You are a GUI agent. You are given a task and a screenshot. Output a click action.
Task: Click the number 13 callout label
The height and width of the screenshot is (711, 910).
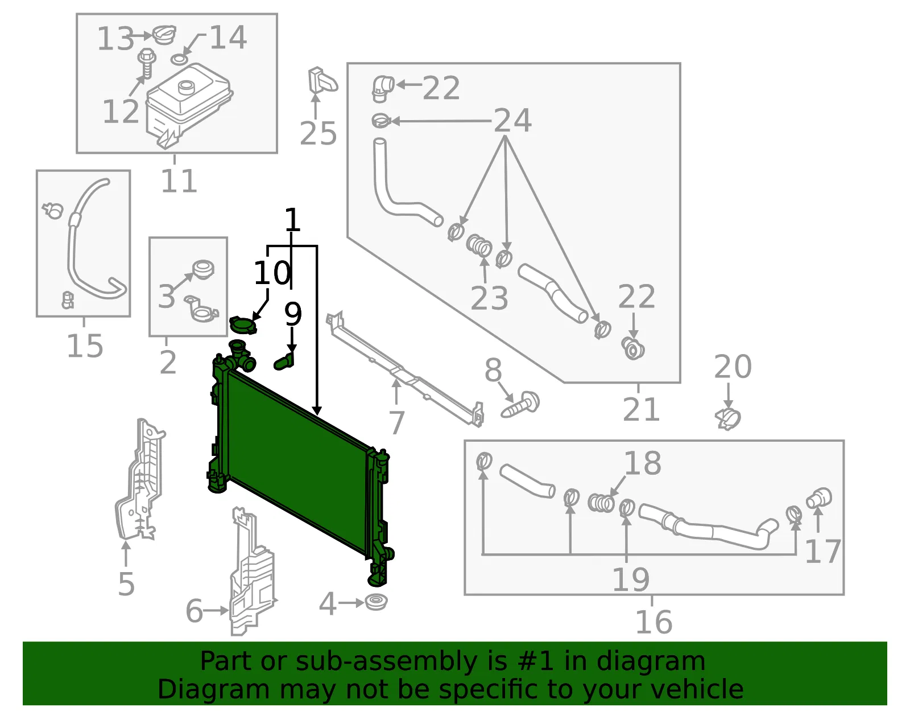pyautogui.click(x=115, y=39)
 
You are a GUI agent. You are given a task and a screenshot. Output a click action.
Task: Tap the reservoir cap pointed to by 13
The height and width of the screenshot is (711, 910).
pyautogui.click(x=164, y=34)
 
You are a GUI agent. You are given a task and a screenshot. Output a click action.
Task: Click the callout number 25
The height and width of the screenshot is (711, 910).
pyautogui.click(x=318, y=134)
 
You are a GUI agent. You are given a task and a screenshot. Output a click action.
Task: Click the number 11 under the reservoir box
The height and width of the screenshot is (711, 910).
pyautogui.click(x=179, y=181)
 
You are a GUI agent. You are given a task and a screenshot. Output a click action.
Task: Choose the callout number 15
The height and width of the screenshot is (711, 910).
pyautogui.click(x=85, y=346)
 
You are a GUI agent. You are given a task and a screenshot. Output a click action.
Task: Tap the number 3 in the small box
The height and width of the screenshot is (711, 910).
pyautogui.click(x=166, y=296)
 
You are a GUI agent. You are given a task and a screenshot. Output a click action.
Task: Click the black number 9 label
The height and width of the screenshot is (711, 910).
pyautogui.click(x=293, y=314)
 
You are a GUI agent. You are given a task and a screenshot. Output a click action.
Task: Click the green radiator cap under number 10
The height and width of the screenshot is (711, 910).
pyautogui.click(x=243, y=325)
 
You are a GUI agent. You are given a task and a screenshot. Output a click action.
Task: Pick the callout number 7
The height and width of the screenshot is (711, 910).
pyautogui.click(x=396, y=422)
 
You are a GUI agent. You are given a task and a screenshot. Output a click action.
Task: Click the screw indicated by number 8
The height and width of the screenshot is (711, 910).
pyautogui.click(x=520, y=405)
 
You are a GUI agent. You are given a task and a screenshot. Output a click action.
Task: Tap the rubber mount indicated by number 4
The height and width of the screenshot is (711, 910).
pyautogui.click(x=376, y=602)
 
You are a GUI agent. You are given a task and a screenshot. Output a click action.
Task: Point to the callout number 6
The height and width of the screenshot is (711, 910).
pyautogui.click(x=194, y=611)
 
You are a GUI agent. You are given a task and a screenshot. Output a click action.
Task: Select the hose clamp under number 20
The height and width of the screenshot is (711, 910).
pyautogui.click(x=728, y=420)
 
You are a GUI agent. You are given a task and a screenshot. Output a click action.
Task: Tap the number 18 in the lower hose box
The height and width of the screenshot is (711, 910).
pyautogui.click(x=642, y=463)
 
